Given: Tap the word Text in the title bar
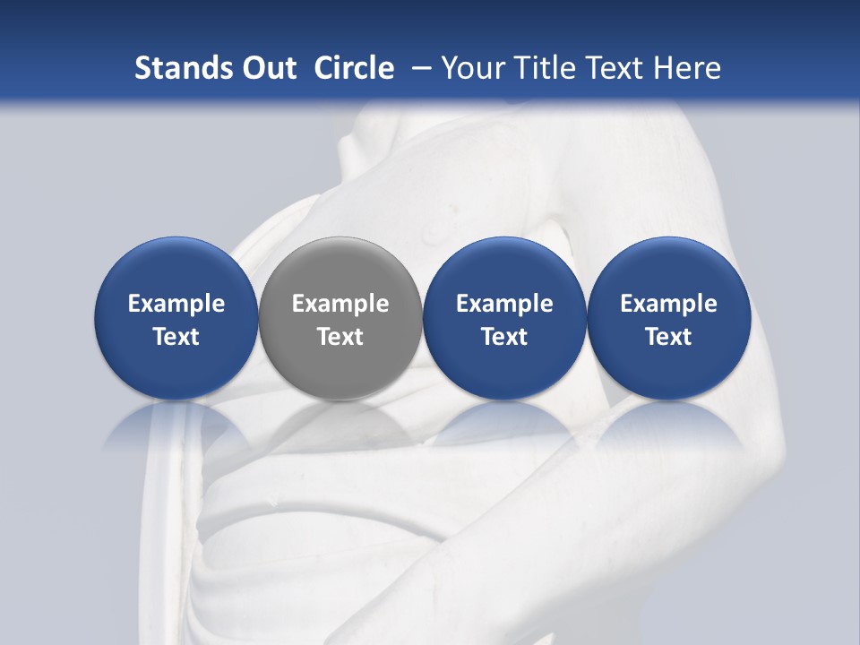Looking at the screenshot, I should (x=615, y=68).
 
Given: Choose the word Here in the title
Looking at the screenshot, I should (x=688, y=68).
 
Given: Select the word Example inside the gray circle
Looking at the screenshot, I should (x=340, y=304).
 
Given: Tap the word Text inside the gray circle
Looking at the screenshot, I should (x=340, y=337).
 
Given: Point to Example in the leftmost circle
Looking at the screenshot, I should (x=176, y=304).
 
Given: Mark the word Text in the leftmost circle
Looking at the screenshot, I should (x=176, y=337).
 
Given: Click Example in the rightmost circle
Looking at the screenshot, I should (x=668, y=304).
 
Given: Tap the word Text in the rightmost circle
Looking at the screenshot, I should (x=668, y=337).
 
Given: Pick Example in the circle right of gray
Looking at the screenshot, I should (x=504, y=304).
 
